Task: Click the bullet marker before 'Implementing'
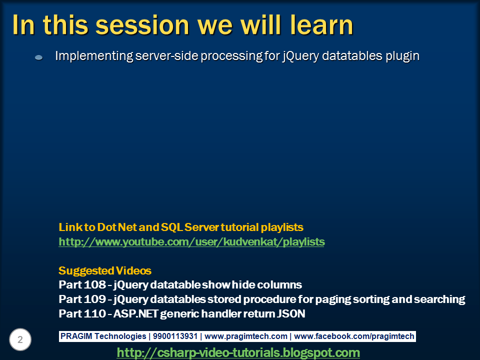(x=38, y=58)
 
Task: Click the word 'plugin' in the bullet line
(x=402, y=56)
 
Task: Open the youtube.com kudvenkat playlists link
(x=191, y=242)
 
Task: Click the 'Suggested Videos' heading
(x=105, y=271)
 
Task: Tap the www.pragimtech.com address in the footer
(x=246, y=336)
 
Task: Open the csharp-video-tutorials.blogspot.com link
(x=238, y=352)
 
